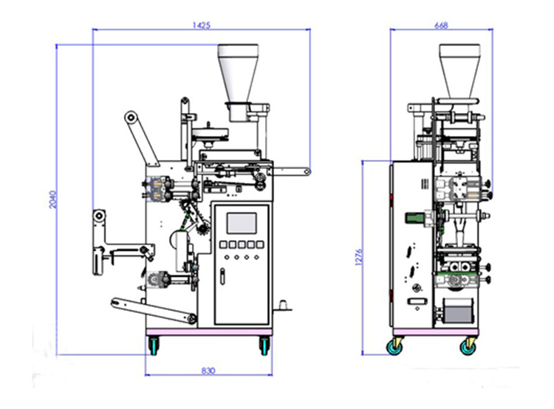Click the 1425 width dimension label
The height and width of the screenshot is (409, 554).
point(202,24)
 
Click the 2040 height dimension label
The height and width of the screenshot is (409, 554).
point(52,199)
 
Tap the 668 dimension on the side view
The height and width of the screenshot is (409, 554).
point(442,24)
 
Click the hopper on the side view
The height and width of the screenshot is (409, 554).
point(459,70)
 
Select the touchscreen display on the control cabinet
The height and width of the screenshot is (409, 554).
point(241,224)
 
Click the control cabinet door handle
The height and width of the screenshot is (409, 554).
point(222,276)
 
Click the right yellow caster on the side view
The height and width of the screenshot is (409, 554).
point(468,345)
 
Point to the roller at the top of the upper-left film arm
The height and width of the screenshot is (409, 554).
point(131,117)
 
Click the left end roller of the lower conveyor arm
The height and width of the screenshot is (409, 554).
point(116,302)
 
